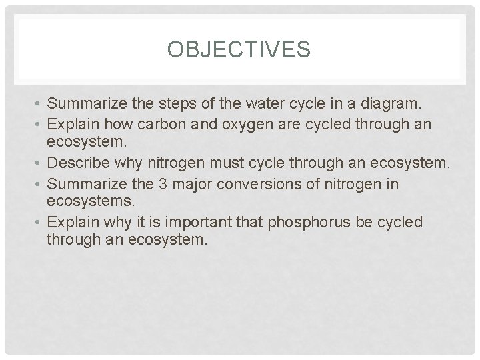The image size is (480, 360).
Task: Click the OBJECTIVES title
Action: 239,51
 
